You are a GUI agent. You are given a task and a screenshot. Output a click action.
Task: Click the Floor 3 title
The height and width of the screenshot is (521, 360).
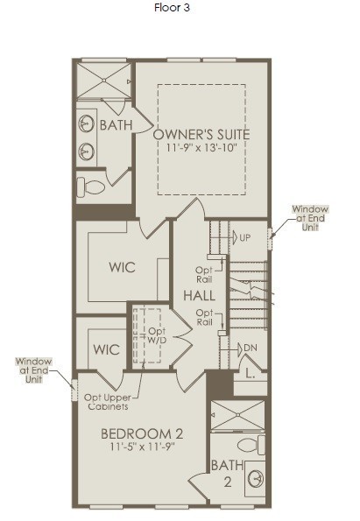click(x=172, y=8)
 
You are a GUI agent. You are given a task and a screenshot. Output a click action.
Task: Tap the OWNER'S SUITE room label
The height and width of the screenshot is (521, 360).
click(x=201, y=135)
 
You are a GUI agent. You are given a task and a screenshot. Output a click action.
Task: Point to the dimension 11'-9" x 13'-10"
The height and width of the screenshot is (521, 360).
click(x=201, y=147)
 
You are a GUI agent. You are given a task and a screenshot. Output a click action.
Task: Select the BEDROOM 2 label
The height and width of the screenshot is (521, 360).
click(x=142, y=434)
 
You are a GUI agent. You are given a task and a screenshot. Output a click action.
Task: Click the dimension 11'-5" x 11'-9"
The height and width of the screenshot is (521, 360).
click(x=142, y=447)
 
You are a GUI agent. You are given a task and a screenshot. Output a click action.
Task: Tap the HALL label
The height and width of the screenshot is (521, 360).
click(x=199, y=295)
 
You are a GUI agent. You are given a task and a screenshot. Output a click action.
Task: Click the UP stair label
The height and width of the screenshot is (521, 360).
click(x=245, y=238)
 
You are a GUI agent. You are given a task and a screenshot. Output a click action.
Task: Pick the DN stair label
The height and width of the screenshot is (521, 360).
click(x=251, y=348)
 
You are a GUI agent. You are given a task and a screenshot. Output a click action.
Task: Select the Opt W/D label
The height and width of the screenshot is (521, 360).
click(x=158, y=335)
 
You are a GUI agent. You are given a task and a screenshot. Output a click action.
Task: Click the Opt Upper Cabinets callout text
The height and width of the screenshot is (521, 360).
click(x=108, y=402)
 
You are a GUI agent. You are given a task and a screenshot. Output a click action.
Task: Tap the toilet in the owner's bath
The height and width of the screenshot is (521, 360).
click(x=91, y=186)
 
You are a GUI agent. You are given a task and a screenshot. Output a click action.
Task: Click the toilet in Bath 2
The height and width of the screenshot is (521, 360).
click(x=251, y=445)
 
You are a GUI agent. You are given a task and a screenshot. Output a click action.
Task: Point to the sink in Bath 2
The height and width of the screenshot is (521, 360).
click(x=257, y=479)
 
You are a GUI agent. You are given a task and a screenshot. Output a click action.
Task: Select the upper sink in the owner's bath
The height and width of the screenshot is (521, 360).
click(x=86, y=123)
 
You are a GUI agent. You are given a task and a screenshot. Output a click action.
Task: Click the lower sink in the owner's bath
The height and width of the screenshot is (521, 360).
click(x=86, y=151)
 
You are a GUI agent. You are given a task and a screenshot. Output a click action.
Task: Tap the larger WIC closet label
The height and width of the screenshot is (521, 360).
click(x=122, y=267)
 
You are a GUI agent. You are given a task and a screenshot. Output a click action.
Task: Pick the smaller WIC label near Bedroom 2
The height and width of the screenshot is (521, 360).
click(x=106, y=349)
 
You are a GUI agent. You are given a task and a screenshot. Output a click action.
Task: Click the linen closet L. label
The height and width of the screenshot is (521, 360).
click(x=251, y=374)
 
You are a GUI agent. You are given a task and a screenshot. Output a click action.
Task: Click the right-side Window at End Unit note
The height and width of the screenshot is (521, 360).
click(x=310, y=218)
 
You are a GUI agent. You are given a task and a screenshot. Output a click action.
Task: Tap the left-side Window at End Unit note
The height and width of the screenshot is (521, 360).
click(x=33, y=370)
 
